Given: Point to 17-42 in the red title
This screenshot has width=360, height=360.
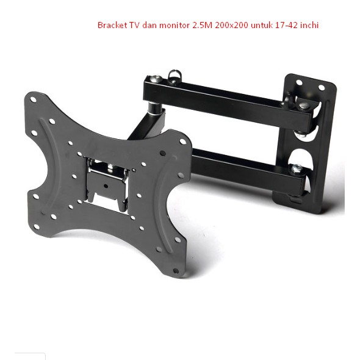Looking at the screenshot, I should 283,26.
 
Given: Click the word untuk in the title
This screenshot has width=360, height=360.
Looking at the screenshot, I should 259,26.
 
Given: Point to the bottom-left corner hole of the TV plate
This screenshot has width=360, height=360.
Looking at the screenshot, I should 35,196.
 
